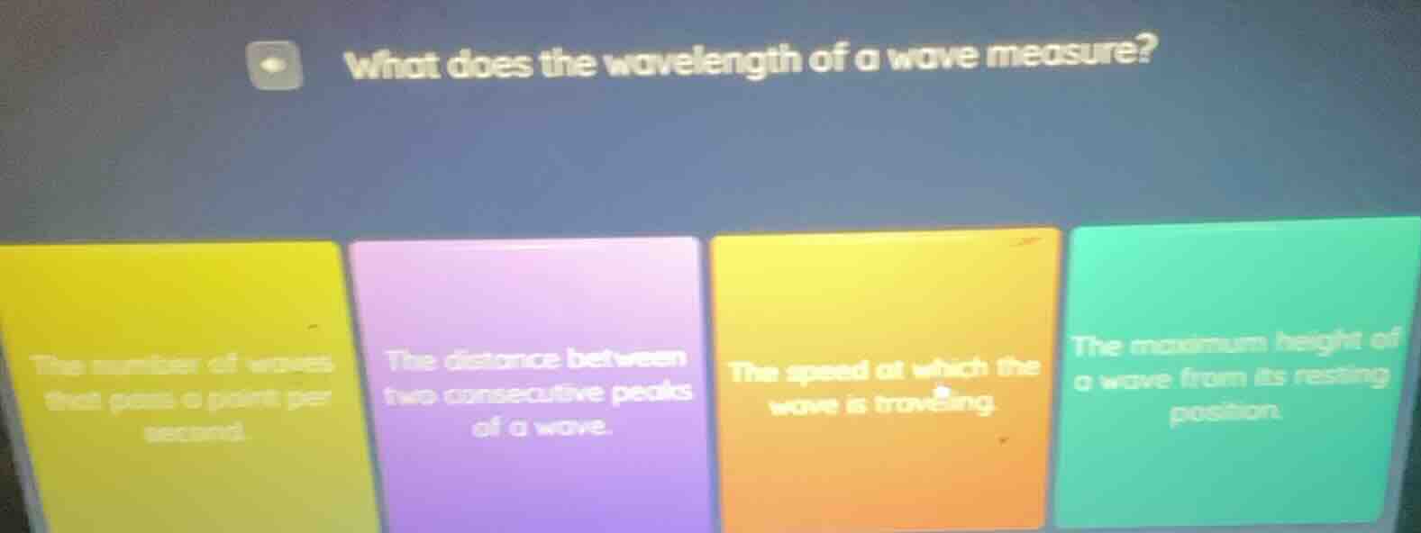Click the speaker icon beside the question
pyautogui.click(x=277, y=65)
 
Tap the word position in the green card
pyautogui.click(x=1225, y=414)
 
